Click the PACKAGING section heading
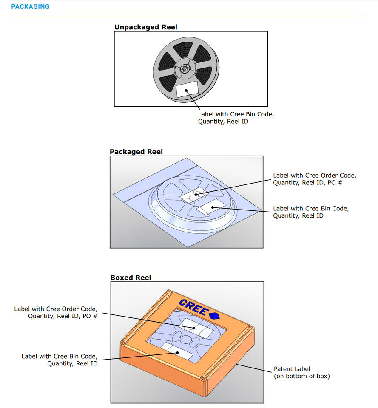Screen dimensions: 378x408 [x=30, y=7]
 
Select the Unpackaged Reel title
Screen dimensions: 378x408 [x=145, y=27]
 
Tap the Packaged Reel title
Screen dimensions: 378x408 [x=136, y=152]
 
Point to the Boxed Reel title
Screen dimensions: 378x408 [x=131, y=278]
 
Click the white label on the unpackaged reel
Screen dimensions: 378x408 [x=187, y=90]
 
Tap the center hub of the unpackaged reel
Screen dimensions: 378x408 [x=185, y=68]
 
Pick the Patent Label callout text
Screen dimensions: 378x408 [x=292, y=369]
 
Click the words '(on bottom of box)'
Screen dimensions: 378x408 [x=301, y=376]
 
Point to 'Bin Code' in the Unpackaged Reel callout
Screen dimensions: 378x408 [x=257, y=114]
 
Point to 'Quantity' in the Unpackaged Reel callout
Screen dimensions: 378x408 [x=211, y=122]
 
